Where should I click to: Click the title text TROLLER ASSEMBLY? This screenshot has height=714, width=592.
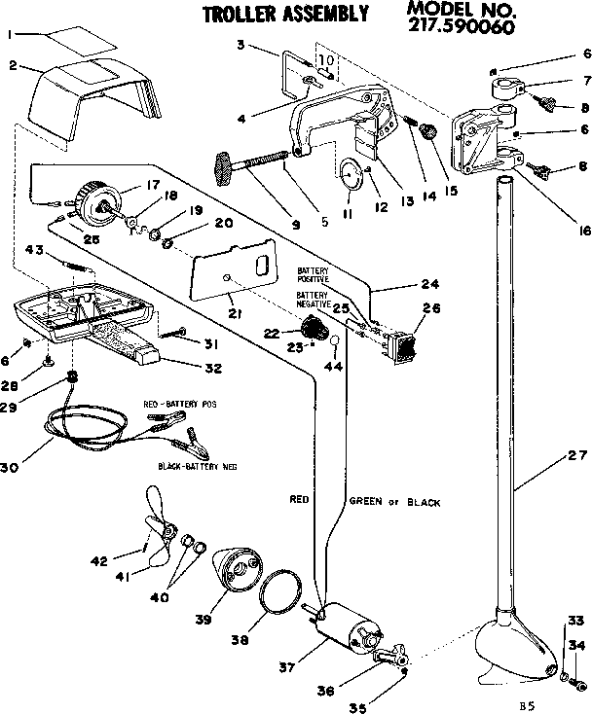(284, 14)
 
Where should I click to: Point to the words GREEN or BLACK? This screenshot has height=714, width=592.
(393, 503)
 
